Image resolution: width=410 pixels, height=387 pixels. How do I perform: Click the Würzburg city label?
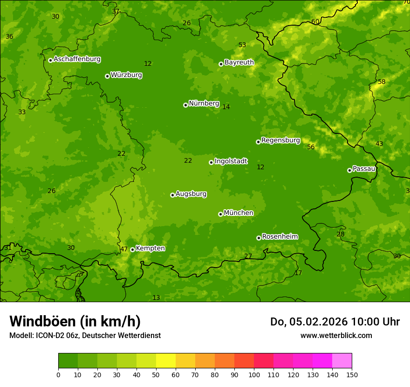tap(126, 75)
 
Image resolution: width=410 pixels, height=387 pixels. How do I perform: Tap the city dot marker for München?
tap(220, 214)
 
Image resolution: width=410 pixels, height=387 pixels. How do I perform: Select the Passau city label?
tap(364, 169)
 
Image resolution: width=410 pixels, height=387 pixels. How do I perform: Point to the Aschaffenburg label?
tap(77, 59)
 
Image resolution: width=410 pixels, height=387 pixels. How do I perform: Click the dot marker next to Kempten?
tap(132, 249)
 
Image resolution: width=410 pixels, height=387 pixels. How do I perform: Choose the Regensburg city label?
tap(280, 140)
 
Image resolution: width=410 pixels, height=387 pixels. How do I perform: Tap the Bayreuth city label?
tap(239, 62)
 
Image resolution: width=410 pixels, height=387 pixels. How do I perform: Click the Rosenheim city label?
tap(280, 237)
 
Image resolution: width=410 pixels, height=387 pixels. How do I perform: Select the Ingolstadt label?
tap(231, 161)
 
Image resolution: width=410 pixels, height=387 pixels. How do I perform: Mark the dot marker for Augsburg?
tap(172, 195)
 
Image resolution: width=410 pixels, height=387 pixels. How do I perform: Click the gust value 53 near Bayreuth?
tap(242, 45)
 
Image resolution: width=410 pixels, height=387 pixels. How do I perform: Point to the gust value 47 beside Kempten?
tap(124, 249)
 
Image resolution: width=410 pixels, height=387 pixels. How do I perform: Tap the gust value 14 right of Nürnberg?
tap(226, 107)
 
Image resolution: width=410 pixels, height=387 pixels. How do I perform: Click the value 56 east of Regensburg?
tap(311, 147)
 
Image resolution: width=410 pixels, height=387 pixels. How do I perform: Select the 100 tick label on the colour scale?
tap(254, 375)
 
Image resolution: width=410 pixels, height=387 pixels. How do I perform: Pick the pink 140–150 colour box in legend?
tap(342, 361)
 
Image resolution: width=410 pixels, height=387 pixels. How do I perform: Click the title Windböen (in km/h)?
tap(75, 321)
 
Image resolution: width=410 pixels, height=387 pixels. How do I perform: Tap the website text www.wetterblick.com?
tap(336, 336)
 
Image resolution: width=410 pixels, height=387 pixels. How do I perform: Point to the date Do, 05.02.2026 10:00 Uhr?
tap(335, 322)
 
